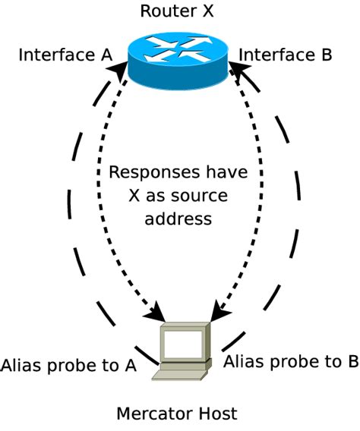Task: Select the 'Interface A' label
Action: [x=65, y=55]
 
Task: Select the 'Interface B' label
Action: [x=286, y=55]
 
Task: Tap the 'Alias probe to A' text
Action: [x=68, y=365]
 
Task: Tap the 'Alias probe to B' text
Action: [x=290, y=361]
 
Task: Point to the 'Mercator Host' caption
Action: [x=176, y=414]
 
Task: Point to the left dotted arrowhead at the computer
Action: [x=159, y=312]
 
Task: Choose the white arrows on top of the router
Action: [x=180, y=49]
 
